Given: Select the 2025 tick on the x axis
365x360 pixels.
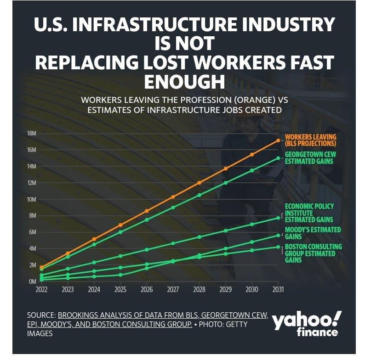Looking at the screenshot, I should [120, 290].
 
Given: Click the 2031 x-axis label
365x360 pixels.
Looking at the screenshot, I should [278, 290].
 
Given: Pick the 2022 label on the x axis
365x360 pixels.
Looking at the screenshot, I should [42, 290].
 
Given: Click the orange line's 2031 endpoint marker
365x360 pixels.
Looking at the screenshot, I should [278, 141].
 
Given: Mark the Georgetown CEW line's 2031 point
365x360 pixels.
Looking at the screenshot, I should [278, 158].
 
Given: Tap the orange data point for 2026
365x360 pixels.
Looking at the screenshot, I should [147, 211].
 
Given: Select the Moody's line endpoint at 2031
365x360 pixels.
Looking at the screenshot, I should [278, 236].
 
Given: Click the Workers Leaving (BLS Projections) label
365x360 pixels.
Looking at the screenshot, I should [311, 140].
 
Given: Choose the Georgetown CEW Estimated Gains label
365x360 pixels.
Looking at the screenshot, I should [311, 158].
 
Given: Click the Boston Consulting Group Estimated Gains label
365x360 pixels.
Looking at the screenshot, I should [313, 253].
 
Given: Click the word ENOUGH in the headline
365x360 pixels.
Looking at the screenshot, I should [184, 81].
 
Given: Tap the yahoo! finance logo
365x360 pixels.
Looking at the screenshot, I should [307, 323].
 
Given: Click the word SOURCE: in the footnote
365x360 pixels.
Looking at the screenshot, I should [41, 315].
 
